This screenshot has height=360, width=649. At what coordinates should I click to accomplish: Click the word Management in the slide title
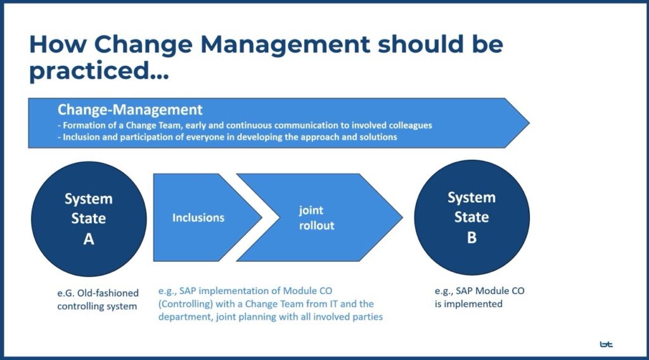(x=285, y=44)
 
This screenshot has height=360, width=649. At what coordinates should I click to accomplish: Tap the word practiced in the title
(x=89, y=71)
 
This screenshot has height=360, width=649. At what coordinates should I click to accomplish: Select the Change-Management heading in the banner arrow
(x=130, y=110)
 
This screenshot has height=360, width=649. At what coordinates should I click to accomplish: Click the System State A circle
(x=89, y=219)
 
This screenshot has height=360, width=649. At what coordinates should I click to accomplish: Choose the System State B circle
(x=472, y=217)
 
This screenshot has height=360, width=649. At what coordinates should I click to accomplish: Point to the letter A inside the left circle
(x=89, y=239)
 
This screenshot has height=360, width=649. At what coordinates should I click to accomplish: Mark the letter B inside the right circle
(x=472, y=238)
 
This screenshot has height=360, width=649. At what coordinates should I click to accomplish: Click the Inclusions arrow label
(x=198, y=217)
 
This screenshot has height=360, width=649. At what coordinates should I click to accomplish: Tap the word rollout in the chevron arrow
(x=317, y=226)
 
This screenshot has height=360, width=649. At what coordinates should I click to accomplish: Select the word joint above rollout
(x=311, y=210)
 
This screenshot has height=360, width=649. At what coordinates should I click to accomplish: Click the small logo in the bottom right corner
(x=606, y=344)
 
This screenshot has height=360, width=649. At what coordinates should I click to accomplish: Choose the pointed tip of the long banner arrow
(x=529, y=123)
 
